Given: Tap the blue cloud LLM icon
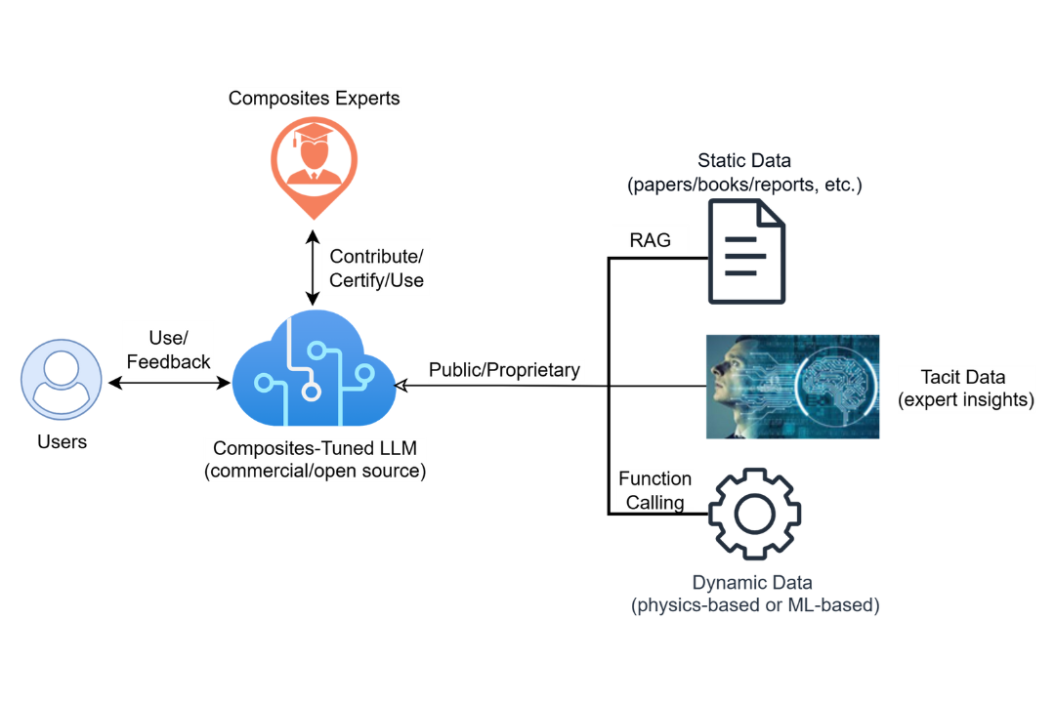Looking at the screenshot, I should tap(314, 372).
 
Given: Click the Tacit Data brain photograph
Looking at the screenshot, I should tap(792, 386).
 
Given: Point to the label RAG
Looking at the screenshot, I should tap(651, 240).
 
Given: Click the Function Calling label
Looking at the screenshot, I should tap(654, 490).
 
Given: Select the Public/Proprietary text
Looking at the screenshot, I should tap(504, 370).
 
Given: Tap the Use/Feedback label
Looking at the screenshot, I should tap(168, 350).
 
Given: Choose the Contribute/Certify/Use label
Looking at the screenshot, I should tap(376, 269).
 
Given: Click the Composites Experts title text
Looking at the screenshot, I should tap(314, 99).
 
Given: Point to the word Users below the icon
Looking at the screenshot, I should tap(63, 442).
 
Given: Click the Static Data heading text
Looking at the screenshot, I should tap(744, 160).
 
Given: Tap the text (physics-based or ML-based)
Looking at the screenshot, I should tap(755, 605).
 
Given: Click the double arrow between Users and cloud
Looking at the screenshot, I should tap(168, 385).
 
